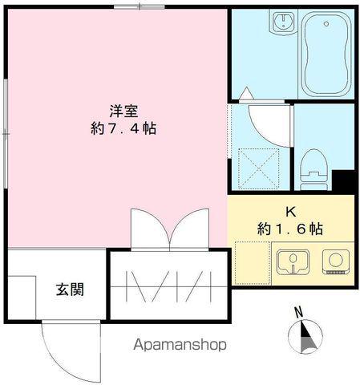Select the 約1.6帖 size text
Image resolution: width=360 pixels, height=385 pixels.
290,229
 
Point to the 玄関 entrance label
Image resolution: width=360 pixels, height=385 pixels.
70,290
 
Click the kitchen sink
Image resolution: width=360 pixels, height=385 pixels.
292,263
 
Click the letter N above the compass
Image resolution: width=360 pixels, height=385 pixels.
298,311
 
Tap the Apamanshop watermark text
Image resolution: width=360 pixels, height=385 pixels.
175,345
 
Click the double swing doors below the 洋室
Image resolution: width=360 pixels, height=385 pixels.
169,228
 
